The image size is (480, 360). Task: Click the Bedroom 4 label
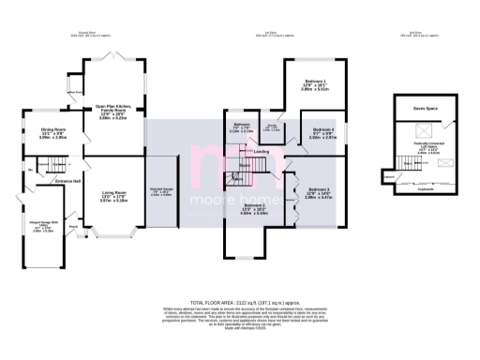323,129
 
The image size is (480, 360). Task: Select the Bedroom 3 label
319,192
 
